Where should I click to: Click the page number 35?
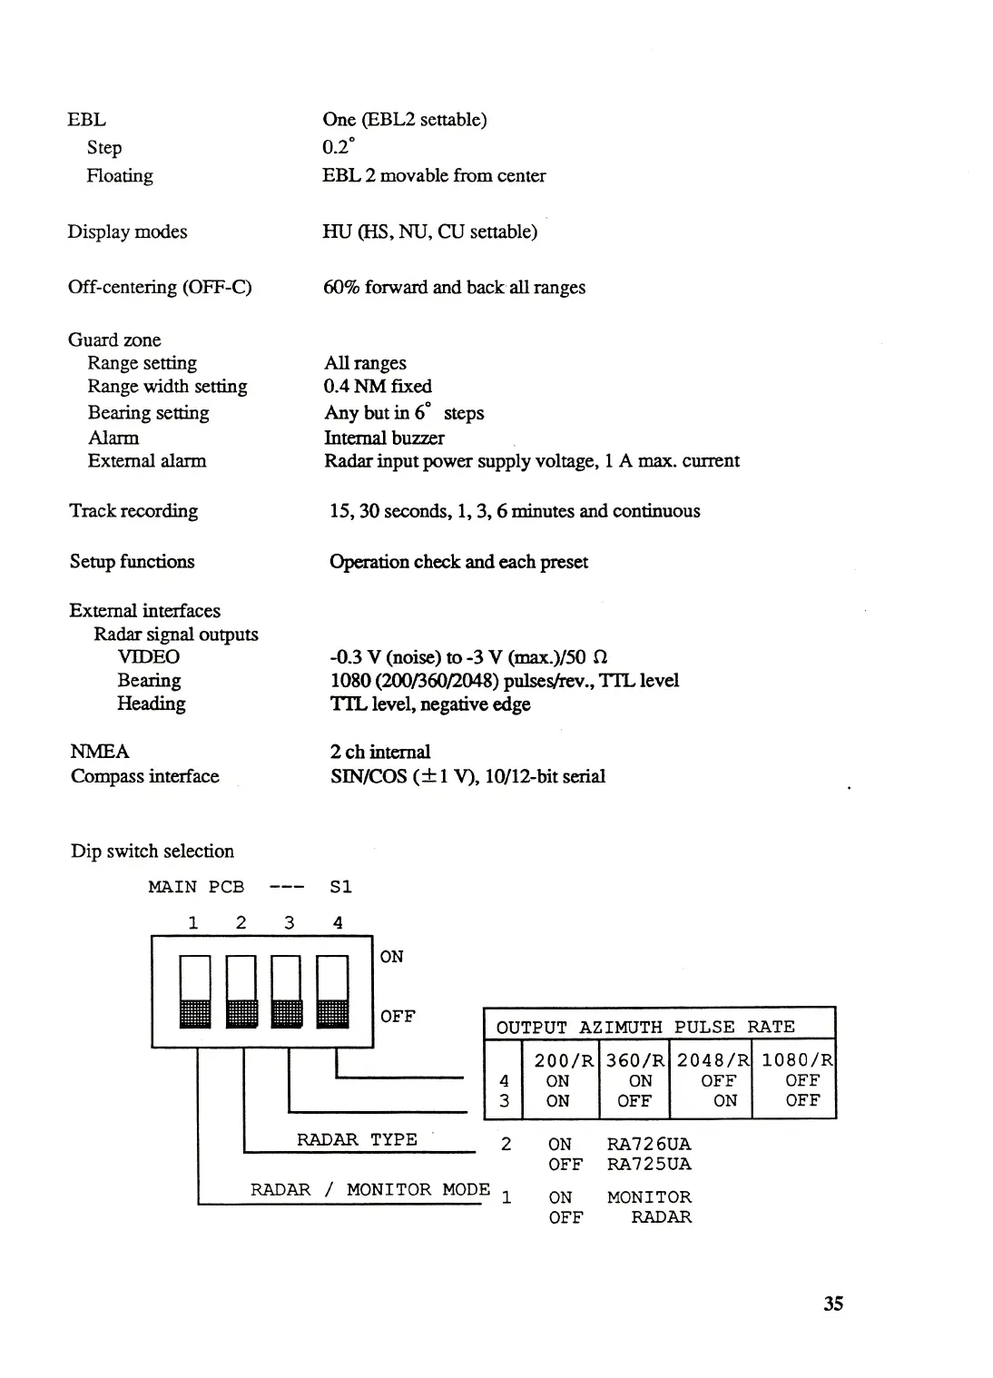pos(833,1304)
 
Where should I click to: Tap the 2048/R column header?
pos(713,1059)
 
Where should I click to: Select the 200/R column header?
pos(564,1059)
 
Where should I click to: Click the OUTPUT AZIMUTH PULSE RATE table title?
pos(645,1027)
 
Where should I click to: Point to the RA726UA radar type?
pos(648,1144)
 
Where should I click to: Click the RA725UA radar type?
pos(648,1164)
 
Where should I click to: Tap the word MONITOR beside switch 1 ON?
pos(649,1197)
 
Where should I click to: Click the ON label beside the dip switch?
pos(392,957)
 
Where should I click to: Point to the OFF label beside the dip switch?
pos(398,1017)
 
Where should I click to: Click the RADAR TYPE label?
pos(357,1139)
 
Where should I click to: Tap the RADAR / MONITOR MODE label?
pos(370,1189)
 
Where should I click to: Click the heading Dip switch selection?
pos(152,851)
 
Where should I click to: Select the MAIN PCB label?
pos(196,887)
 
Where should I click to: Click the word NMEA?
pos(100,752)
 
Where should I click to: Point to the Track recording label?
pos(133,511)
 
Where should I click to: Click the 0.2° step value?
pos(339,147)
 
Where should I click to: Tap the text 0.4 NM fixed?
pos(378,387)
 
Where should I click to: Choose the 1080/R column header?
pos(796,1059)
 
